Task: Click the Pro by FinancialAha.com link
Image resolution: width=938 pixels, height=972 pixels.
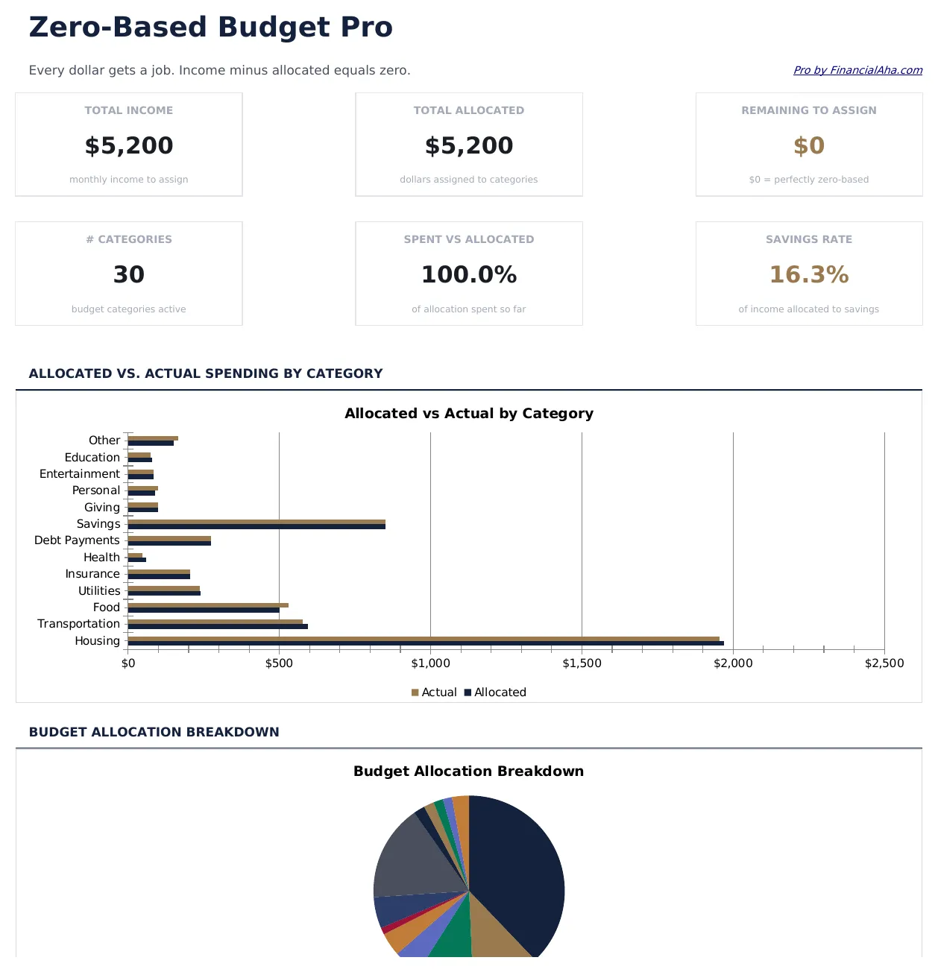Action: [x=857, y=70]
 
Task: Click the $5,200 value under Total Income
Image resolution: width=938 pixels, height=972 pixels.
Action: [x=129, y=145]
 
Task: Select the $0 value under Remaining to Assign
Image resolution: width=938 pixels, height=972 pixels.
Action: [x=808, y=145]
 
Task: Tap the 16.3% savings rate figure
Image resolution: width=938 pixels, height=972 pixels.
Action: [x=808, y=275]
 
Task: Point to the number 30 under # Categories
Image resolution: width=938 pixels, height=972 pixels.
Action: [x=129, y=275]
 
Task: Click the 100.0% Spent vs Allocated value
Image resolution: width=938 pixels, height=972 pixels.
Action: [x=468, y=275]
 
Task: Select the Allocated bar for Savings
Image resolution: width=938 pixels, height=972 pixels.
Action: [x=256, y=527]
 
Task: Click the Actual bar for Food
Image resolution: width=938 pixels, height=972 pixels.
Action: [x=208, y=605]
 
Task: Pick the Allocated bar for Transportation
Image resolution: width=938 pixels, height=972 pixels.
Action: [x=218, y=627]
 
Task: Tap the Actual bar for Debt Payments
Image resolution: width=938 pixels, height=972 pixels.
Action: [x=169, y=538]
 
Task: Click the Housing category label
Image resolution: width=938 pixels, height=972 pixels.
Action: [x=97, y=641]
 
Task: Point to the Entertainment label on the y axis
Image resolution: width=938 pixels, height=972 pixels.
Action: [x=79, y=474]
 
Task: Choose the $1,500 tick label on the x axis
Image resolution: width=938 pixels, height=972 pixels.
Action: [x=582, y=663]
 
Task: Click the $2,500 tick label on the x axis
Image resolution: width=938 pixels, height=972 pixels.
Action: [x=884, y=663]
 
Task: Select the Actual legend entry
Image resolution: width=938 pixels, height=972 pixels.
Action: [x=434, y=692]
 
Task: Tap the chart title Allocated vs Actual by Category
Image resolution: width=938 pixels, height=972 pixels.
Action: [x=468, y=414]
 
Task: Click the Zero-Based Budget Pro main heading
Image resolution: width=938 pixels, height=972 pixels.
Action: [x=210, y=28]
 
